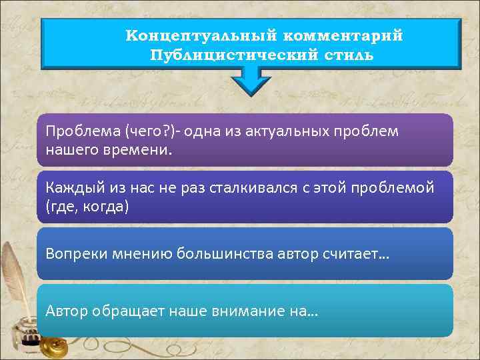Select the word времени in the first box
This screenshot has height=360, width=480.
coord(140,149)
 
